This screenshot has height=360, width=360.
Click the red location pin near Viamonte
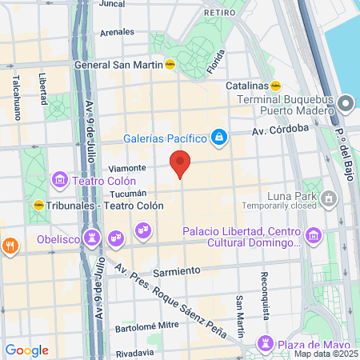(181, 164)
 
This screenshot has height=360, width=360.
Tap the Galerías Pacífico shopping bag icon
(218, 138)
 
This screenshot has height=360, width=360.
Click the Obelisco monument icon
(94, 238)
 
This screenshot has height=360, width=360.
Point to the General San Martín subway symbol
(170, 66)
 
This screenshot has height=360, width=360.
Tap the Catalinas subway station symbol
(276, 84)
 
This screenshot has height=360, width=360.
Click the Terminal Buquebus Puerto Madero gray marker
(346, 104)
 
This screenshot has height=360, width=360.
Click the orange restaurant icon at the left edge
(10, 246)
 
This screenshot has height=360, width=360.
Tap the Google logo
(26, 350)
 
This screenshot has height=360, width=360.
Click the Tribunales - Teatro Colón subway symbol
(38, 205)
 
